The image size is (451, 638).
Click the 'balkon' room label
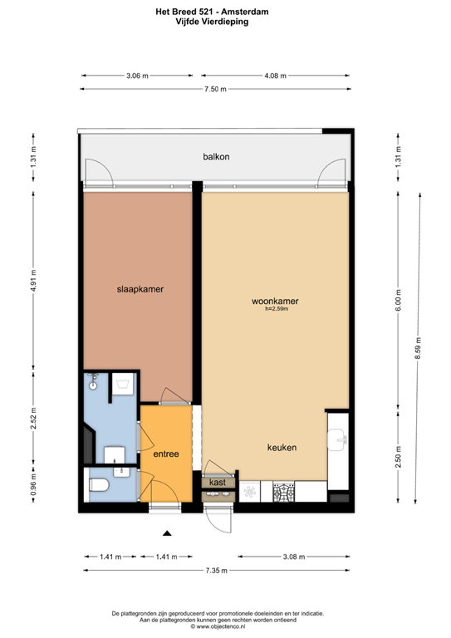click(x=216, y=157)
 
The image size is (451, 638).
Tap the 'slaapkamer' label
click(x=140, y=289)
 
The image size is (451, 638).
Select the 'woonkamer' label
click(x=275, y=301)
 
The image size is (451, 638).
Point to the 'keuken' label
click(x=282, y=448)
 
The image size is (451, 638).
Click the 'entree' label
click(x=166, y=454)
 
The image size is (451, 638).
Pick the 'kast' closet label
click(x=218, y=483)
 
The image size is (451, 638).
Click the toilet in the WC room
click(x=99, y=484)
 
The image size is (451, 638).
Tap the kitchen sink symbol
click(x=337, y=439)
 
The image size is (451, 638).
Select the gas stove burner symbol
click(x=283, y=493)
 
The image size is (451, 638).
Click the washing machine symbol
click(x=123, y=384)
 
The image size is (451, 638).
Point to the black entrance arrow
click(x=167, y=533)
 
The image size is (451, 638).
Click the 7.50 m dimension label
click(x=215, y=89)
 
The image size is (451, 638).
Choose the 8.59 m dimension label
click(x=418, y=348)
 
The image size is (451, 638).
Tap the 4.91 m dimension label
click(x=34, y=280)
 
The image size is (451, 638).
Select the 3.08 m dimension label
click(x=294, y=557)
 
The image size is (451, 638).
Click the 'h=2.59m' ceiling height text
click(x=277, y=309)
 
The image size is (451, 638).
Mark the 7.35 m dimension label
click(x=216, y=571)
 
